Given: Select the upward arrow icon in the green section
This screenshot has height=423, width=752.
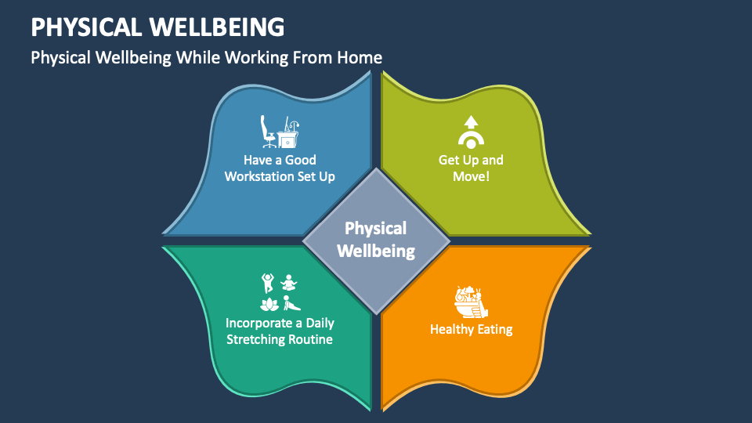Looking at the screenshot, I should [x=470, y=121].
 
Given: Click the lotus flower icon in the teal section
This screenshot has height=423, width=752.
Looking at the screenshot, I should [x=269, y=303].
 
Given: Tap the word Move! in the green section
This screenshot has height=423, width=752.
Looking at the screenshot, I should [x=470, y=176].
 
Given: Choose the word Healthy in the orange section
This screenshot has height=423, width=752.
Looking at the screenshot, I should [x=450, y=329].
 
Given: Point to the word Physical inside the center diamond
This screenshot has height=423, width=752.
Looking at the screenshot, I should [x=376, y=229].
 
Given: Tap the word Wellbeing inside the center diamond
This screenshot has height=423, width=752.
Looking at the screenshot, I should [x=376, y=251].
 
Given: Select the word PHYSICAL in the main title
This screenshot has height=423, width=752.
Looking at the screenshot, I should [x=85, y=27].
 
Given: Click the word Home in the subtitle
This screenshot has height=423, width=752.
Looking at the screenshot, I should [x=360, y=57].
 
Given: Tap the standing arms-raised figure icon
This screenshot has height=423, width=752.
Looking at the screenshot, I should [x=267, y=281].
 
